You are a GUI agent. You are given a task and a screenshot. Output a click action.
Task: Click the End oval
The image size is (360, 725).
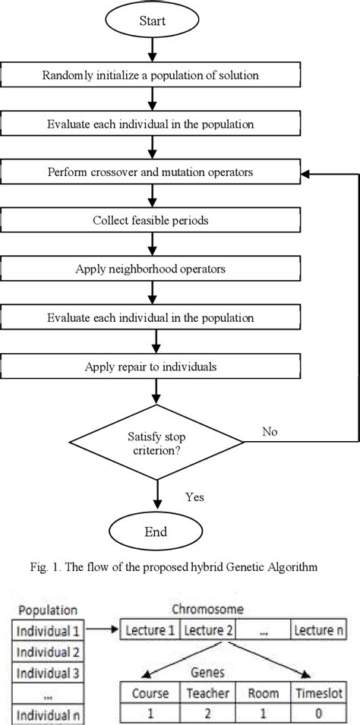point(155,531)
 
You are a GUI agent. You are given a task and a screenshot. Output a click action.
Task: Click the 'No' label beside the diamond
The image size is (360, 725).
point(270,431)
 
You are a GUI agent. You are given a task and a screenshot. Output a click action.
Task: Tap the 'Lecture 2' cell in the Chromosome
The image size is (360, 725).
point(207,629)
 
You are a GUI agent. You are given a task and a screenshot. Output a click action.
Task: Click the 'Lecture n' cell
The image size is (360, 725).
point(322,629)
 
